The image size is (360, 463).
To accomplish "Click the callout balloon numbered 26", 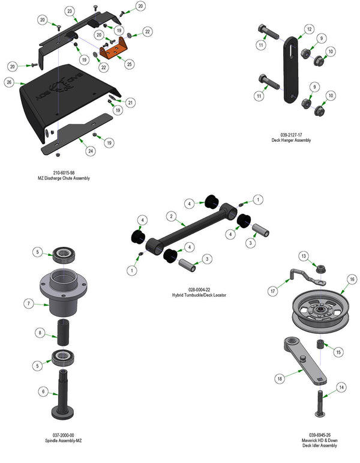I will click(9, 82).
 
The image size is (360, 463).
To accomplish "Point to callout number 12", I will click(308, 29).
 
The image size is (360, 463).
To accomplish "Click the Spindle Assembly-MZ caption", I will click(67, 439).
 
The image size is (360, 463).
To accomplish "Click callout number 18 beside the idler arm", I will click(280, 380).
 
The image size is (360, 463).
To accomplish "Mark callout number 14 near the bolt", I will click(340, 388).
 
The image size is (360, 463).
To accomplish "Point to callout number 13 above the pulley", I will click(304, 256).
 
